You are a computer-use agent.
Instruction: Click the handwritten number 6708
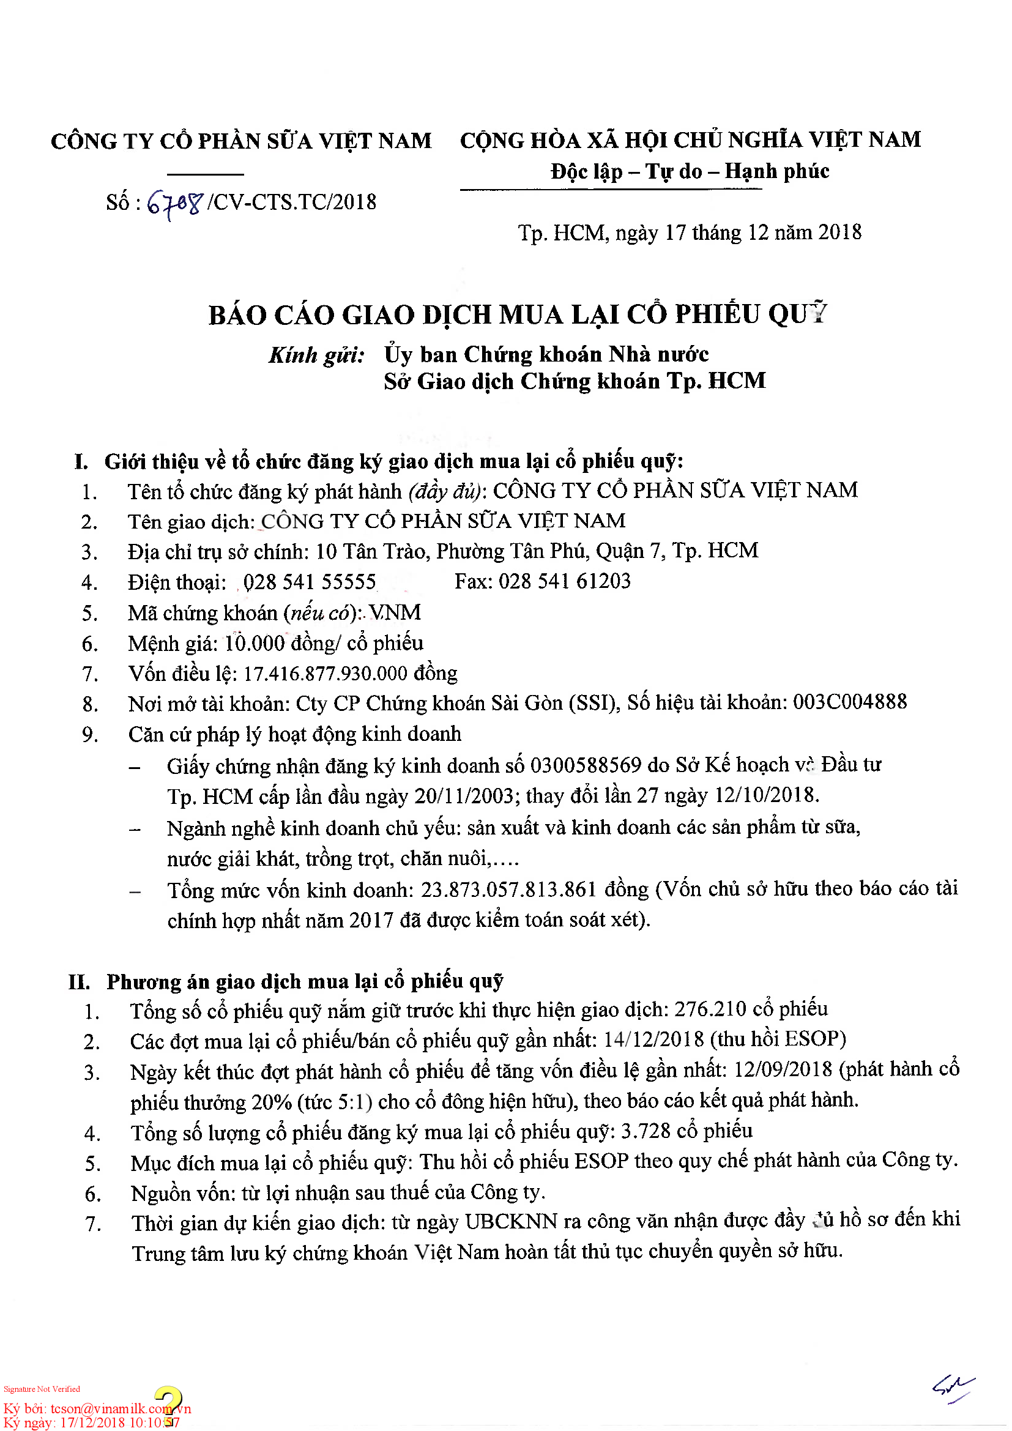tap(175, 203)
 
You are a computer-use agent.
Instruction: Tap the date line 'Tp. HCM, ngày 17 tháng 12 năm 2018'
tap(689, 233)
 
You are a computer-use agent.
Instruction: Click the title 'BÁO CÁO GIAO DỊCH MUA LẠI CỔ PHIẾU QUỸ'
tap(517, 314)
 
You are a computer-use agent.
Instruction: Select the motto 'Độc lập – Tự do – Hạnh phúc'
tap(689, 171)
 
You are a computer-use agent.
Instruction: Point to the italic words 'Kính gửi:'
tap(316, 355)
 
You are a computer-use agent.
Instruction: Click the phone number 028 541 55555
tap(310, 582)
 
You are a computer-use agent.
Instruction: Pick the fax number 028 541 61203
tap(565, 581)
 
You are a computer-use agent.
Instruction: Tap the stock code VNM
tap(395, 612)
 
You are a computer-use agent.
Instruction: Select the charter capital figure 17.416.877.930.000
tap(325, 674)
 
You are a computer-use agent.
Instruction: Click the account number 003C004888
tap(849, 702)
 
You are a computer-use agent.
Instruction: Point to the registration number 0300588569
tap(586, 765)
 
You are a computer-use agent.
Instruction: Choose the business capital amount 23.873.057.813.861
tap(508, 890)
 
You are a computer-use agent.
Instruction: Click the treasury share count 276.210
tap(710, 1009)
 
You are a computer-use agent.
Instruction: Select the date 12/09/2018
tap(783, 1070)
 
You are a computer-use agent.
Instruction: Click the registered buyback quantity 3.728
tap(646, 1131)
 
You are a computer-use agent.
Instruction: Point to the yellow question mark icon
tap(168, 1406)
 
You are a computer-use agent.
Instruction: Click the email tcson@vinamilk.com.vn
tap(121, 1409)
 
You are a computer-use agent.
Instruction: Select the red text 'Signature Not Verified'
tap(42, 1389)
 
